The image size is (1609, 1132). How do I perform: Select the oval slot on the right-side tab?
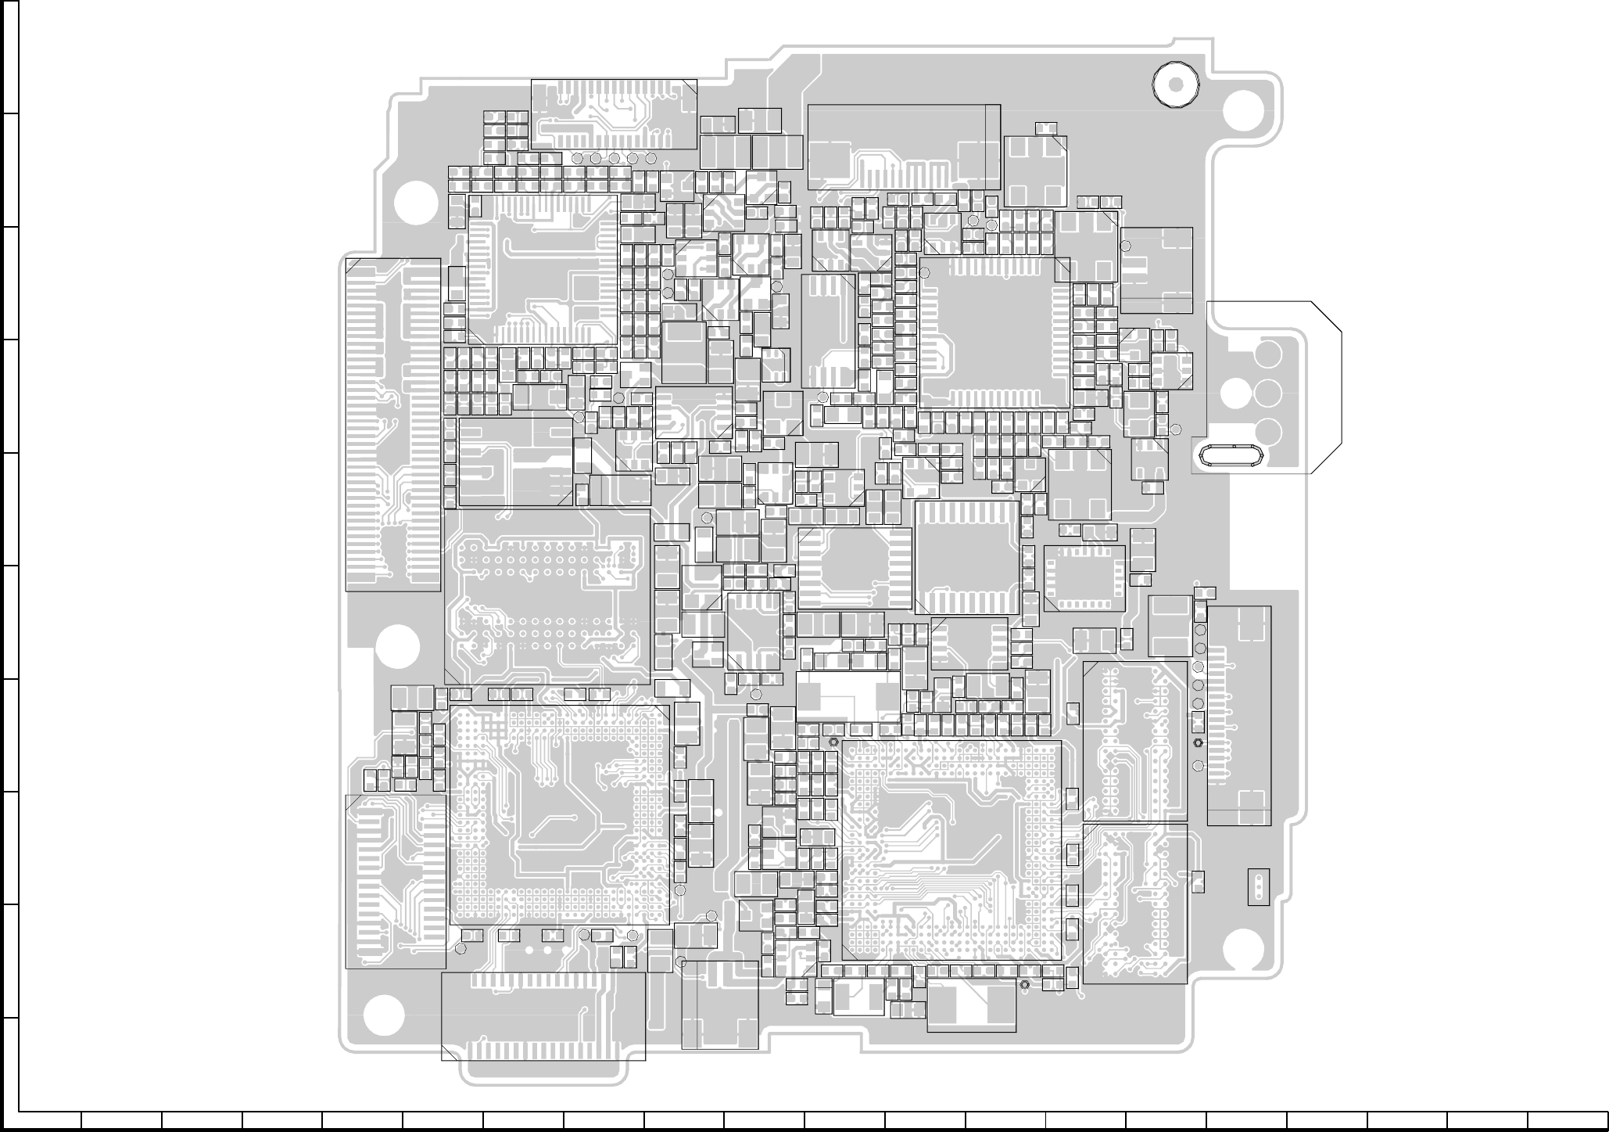pyautogui.click(x=1227, y=456)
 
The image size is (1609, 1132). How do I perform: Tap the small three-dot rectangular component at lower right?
pyautogui.click(x=1259, y=886)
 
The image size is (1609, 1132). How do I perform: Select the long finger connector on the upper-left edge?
pyautogui.click(x=393, y=425)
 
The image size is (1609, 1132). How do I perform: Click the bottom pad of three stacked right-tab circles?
pyautogui.click(x=1267, y=431)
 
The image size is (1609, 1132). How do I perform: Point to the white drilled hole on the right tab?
pyautogui.click(x=1235, y=394)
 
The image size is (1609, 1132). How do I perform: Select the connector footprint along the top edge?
pyautogui.click(x=614, y=114)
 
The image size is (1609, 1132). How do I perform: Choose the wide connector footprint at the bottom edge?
pyautogui.click(x=543, y=1015)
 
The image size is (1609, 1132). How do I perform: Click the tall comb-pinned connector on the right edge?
pyautogui.click(x=1238, y=715)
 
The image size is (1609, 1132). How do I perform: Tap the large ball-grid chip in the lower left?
pyautogui.click(x=560, y=815)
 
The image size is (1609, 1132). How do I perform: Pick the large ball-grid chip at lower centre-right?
pyautogui.click(x=951, y=850)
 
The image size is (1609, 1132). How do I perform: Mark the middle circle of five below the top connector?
pyautogui.click(x=615, y=159)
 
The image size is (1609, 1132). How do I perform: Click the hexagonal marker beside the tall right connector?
pyautogui.click(x=1198, y=742)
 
